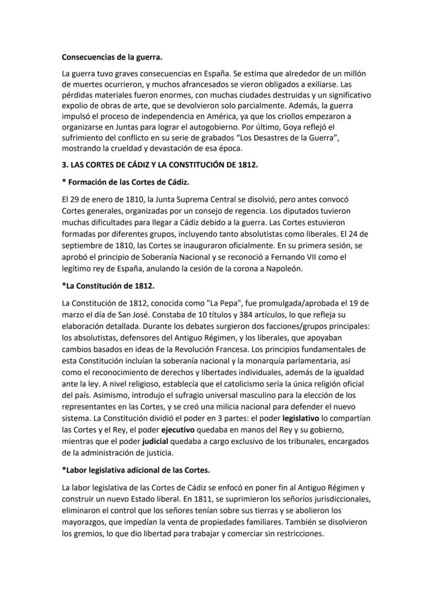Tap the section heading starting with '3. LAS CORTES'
160,165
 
